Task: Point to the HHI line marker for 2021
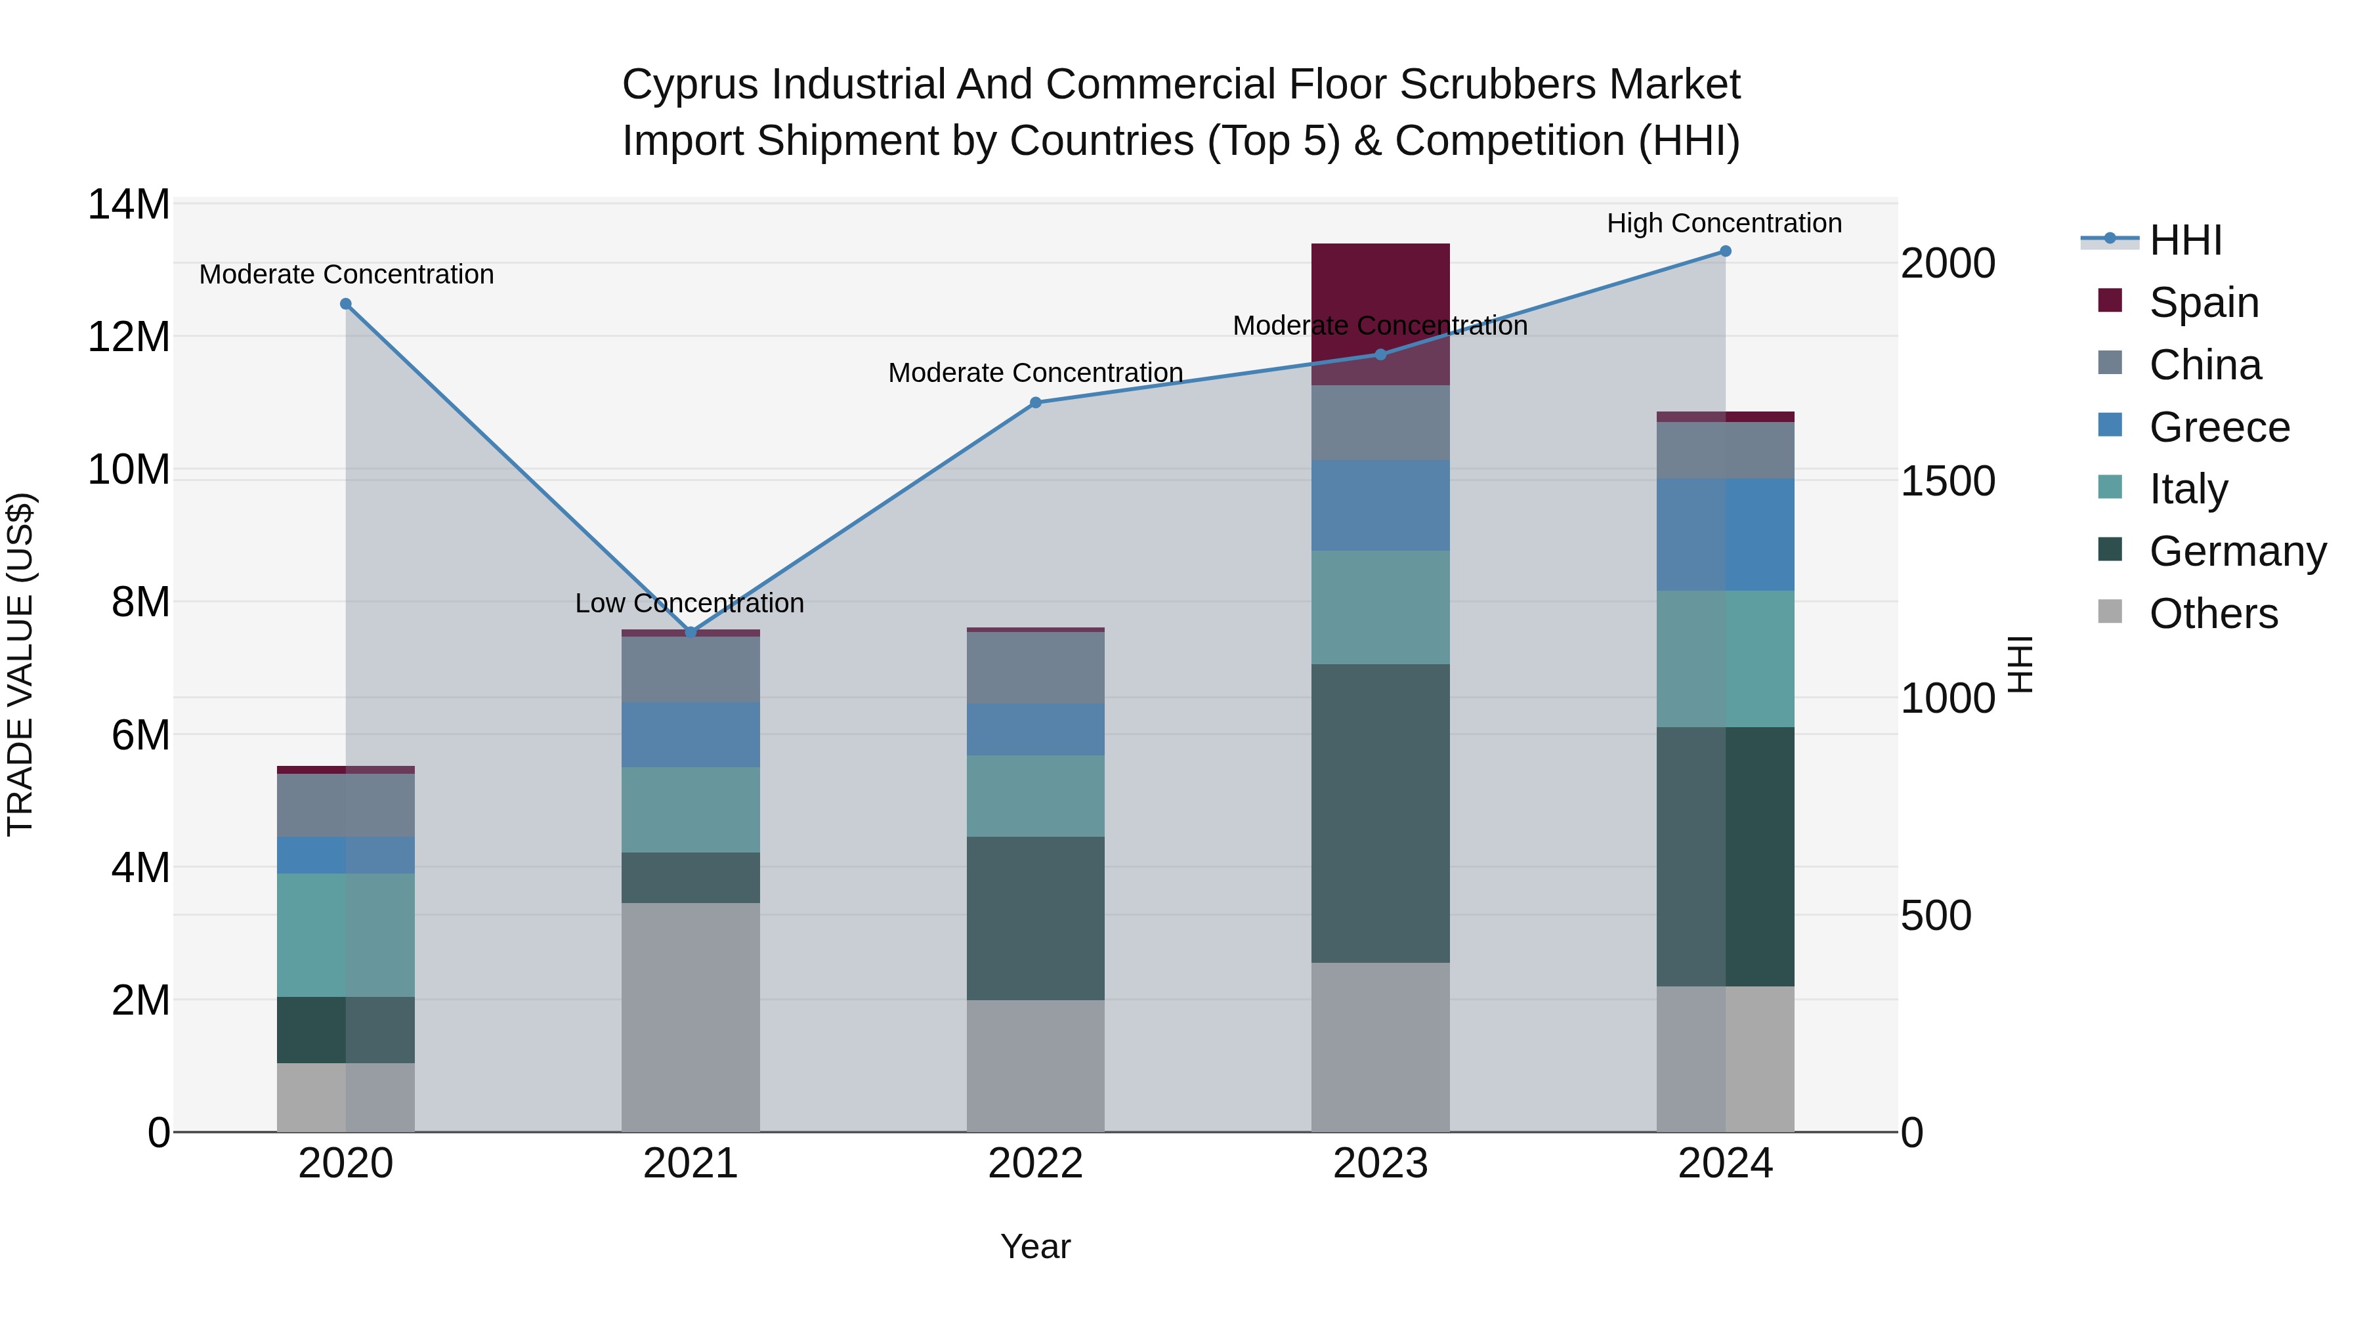(x=691, y=632)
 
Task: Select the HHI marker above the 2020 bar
(x=346, y=304)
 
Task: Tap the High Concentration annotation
(x=1724, y=223)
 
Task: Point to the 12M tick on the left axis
(x=129, y=337)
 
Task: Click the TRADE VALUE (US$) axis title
(x=20, y=664)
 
